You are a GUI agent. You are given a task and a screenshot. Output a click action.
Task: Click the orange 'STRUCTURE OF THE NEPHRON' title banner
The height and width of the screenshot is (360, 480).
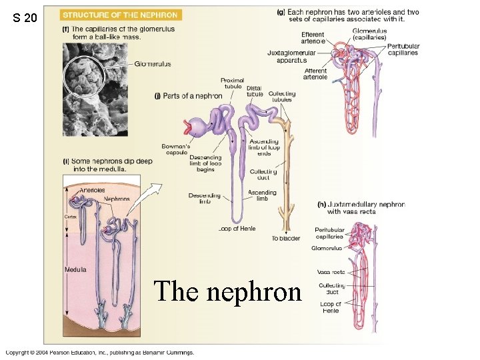121,15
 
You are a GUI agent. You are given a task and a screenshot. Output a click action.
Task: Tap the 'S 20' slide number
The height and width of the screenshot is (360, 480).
25,19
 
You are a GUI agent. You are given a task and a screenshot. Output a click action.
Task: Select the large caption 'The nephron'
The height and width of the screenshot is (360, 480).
227,291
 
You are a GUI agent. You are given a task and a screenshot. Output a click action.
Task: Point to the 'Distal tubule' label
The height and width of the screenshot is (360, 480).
254,91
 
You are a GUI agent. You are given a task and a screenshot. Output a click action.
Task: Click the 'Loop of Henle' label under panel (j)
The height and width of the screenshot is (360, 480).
237,229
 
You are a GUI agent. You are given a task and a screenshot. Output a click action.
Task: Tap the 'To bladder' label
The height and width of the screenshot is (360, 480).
285,238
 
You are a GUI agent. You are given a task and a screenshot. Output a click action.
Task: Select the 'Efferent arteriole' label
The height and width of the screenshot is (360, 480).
313,38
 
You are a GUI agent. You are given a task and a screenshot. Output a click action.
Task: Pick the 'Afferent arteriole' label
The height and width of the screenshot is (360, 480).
315,74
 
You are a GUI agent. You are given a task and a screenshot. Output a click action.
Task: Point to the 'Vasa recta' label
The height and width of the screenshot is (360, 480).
331,272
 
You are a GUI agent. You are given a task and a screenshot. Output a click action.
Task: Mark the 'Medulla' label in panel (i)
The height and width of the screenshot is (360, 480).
75,269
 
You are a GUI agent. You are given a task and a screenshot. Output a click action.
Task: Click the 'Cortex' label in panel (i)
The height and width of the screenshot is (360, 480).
71,217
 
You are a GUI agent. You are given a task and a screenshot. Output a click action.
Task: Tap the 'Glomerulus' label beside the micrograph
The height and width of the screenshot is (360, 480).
153,64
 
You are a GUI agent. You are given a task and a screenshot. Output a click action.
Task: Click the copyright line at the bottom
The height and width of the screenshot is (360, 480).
100,352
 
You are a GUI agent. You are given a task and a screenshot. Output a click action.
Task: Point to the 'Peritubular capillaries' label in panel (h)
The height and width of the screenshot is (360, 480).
329,233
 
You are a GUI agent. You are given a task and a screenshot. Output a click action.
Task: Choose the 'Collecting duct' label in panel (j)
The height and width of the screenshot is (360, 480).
263,175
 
